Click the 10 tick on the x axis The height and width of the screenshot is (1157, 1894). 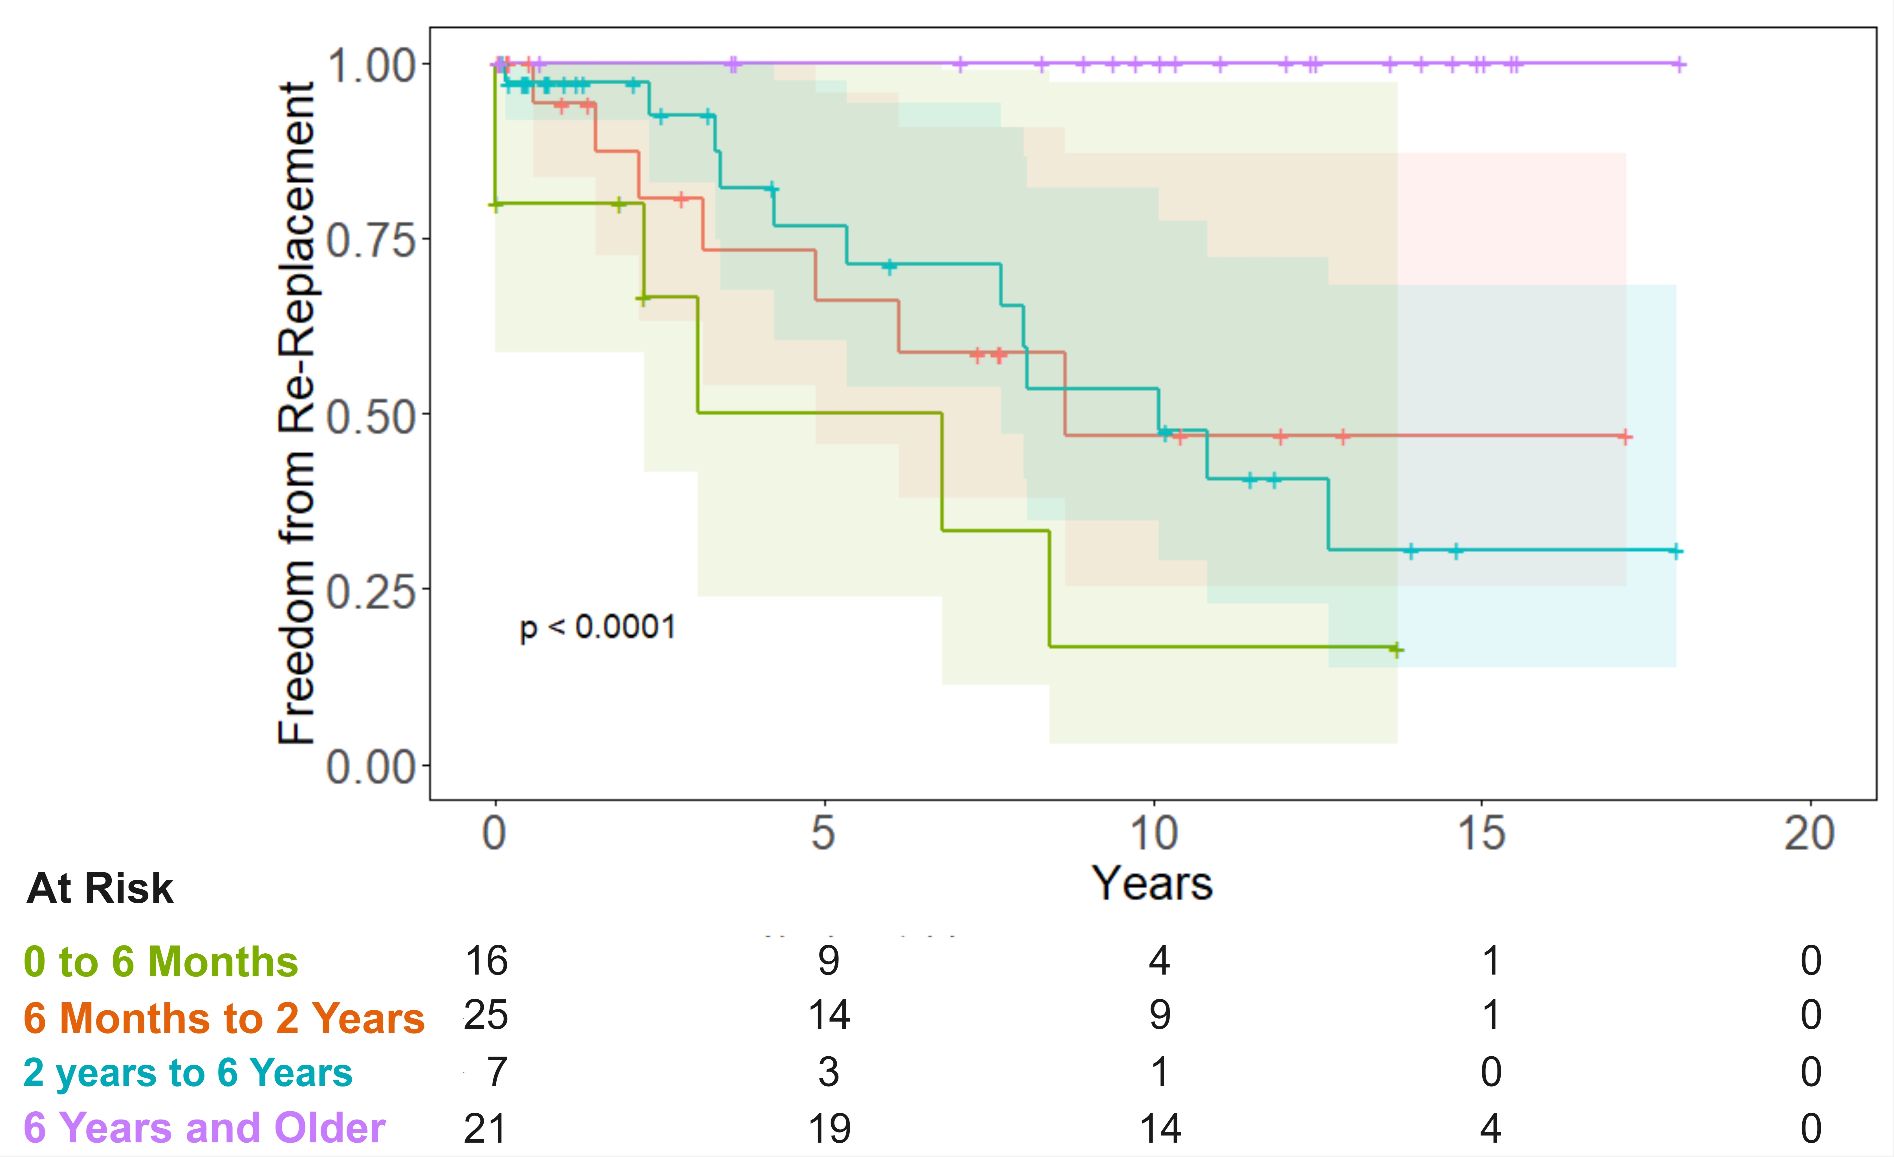1153,833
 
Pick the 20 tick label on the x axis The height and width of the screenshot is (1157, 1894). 1809,833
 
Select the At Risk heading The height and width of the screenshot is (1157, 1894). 100,889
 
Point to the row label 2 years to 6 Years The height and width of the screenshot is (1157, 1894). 188,1072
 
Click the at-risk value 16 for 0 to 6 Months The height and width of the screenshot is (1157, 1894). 486,961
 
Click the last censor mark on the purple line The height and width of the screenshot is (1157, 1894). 1680,64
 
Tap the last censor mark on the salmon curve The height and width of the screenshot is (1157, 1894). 1624,437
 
